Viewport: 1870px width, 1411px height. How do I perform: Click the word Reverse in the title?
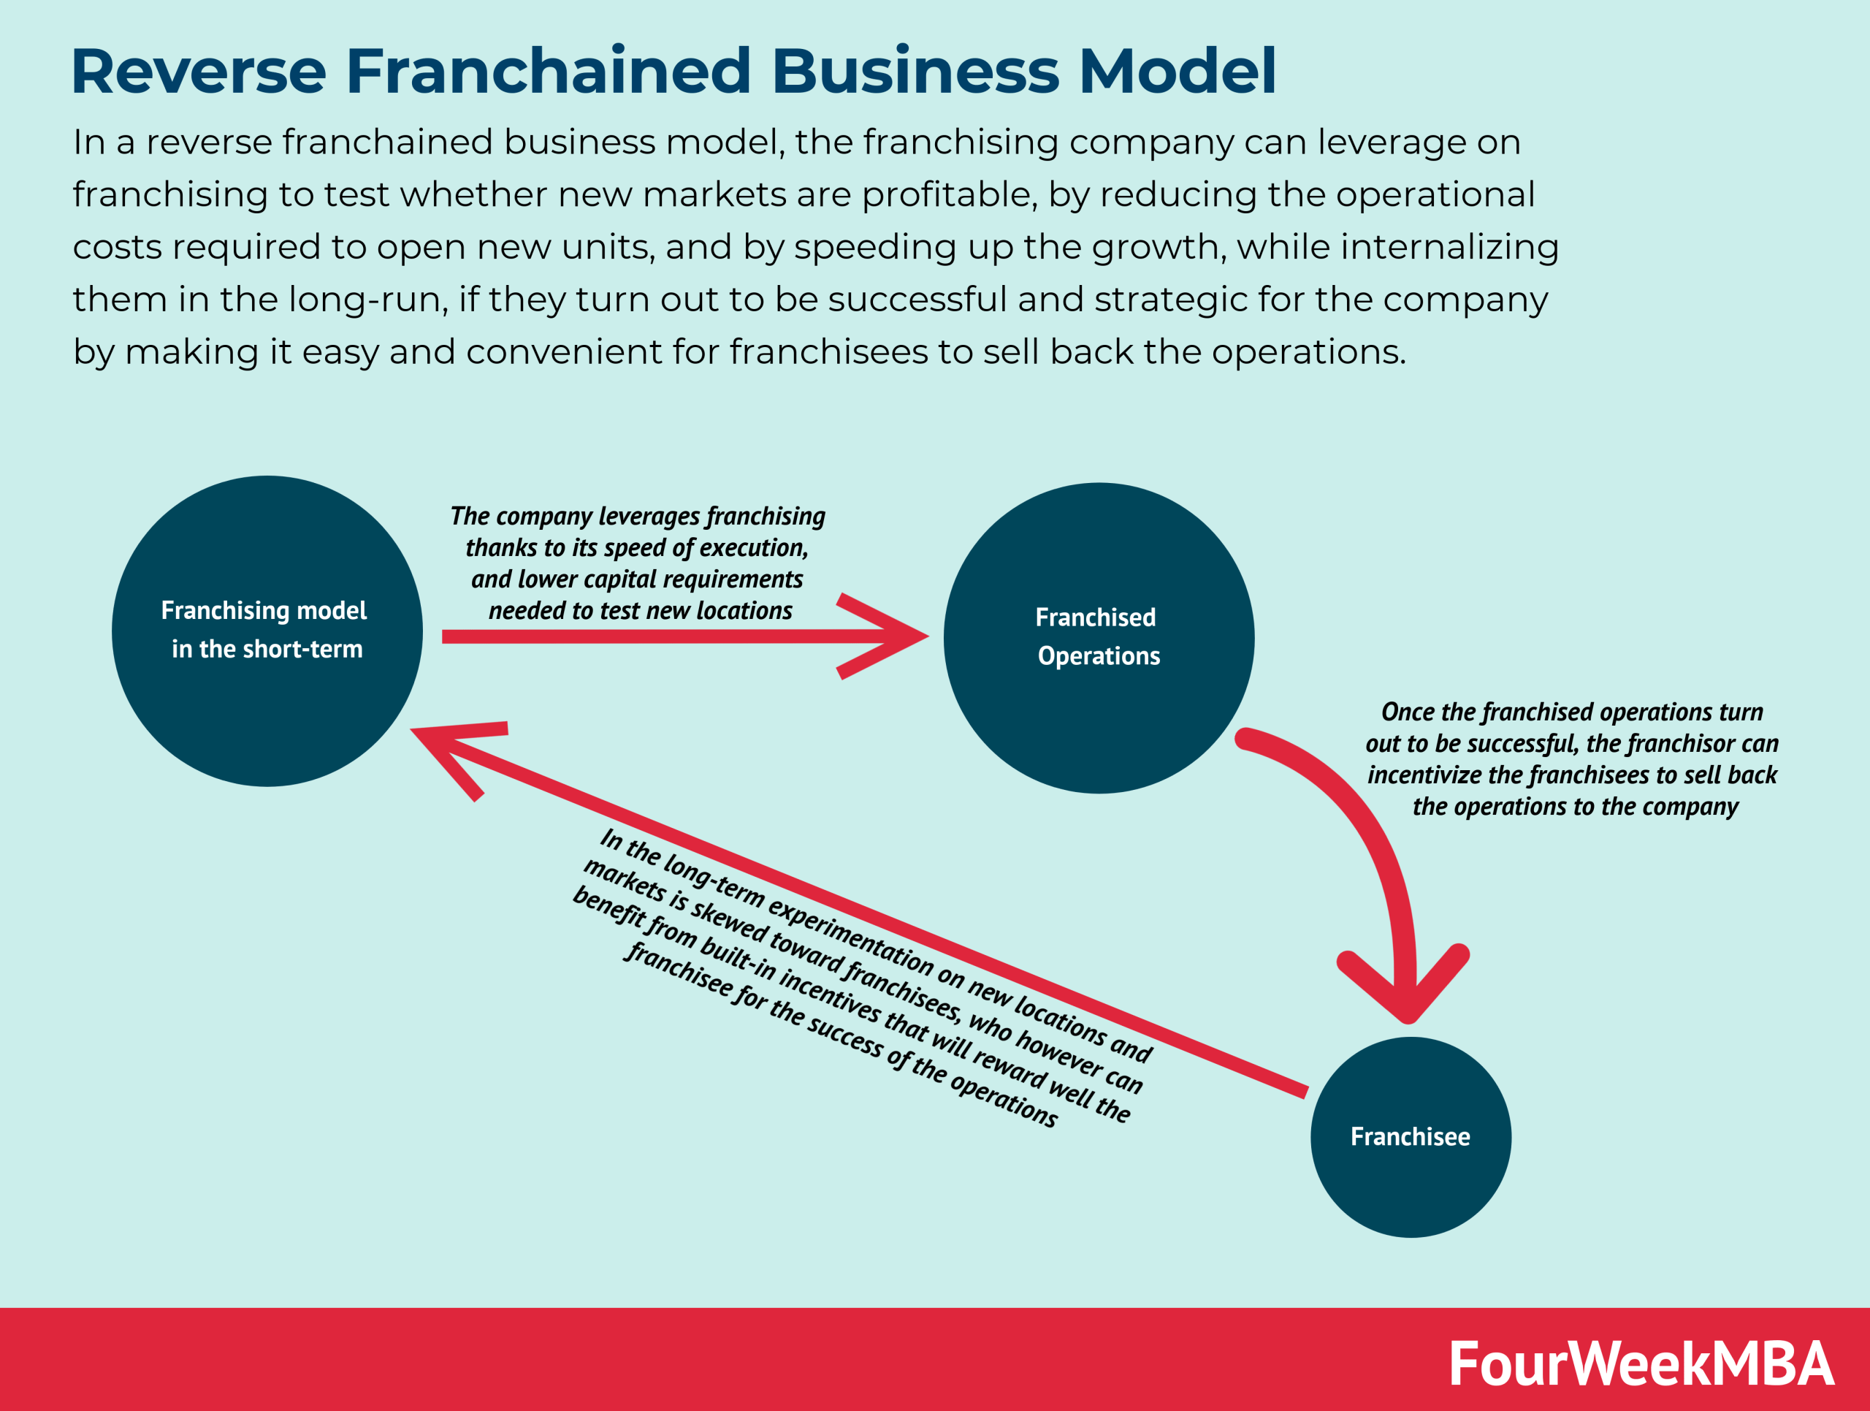tap(199, 71)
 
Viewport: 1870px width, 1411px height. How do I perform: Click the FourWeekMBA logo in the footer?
tap(1640, 1364)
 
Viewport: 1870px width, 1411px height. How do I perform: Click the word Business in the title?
tap(915, 71)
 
